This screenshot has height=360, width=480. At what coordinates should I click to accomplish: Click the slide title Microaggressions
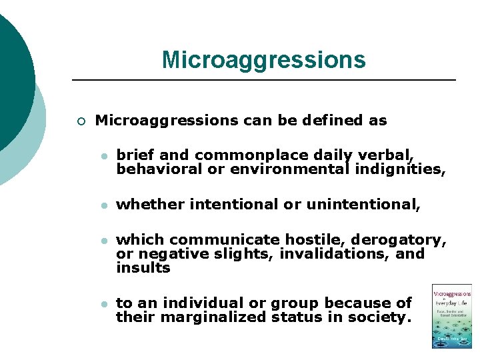click(x=263, y=59)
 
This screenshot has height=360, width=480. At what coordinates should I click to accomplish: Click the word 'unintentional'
click(x=363, y=204)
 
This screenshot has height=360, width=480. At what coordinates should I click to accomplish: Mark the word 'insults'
click(x=143, y=267)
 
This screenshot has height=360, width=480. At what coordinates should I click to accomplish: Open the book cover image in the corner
click(x=451, y=316)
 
